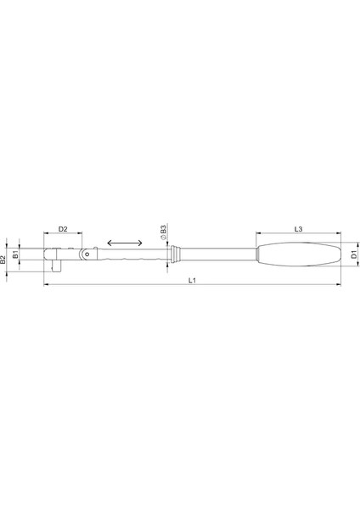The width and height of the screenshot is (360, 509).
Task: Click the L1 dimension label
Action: (x=192, y=282)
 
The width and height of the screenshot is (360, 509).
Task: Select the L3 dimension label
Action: (x=300, y=229)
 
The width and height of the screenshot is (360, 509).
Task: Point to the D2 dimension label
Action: (x=63, y=230)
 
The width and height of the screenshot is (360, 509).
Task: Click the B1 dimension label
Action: (x=15, y=254)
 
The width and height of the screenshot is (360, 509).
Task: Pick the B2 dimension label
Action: (x=4, y=259)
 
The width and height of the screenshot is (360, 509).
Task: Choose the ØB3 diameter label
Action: (x=163, y=230)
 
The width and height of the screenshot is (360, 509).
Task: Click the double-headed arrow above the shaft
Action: (x=126, y=243)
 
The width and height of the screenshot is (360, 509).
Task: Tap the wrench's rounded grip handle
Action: (x=301, y=254)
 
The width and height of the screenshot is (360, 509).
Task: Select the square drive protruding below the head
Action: (x=57, y=265)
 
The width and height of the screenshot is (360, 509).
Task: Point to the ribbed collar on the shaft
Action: (x=175, y=253)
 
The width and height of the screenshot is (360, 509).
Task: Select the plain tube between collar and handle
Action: (x=217, y=253)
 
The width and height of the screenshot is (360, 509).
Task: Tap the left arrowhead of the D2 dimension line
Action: (x=46, y=235)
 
